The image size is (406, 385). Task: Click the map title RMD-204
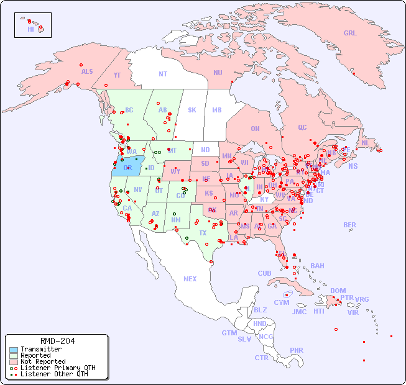57,341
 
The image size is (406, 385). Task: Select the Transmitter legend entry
40,349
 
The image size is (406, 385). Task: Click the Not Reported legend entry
42,361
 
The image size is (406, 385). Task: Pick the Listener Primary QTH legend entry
57,368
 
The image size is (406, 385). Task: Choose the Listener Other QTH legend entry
53,374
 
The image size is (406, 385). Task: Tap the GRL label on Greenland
350,33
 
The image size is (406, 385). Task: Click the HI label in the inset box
30,29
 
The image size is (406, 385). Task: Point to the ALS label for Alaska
87,71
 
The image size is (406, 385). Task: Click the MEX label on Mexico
190,279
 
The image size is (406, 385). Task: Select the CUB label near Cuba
265,273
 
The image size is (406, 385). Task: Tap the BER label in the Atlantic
350,225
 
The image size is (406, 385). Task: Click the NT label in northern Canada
162,73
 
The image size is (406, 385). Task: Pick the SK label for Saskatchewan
192,110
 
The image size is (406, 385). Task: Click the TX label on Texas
203,233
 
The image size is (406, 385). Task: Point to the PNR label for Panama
297,350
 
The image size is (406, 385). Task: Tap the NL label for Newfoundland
366,142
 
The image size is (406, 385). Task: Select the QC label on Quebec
302,127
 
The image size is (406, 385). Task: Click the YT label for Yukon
117,75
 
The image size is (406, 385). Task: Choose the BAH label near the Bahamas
317,266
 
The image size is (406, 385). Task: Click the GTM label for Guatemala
229,333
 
